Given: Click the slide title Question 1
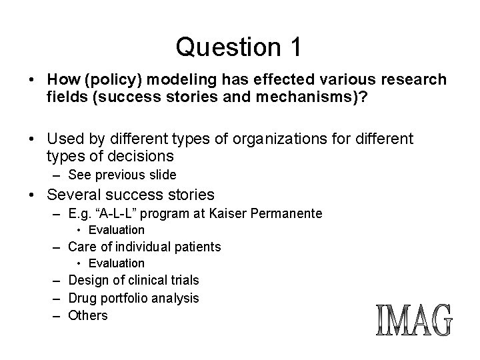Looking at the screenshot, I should [239, 47].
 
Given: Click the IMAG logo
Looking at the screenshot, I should [414, 321].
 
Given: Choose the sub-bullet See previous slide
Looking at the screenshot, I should [122, 175].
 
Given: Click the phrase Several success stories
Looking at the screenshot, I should [131, 195].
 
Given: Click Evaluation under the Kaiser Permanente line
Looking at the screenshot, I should [116, 230].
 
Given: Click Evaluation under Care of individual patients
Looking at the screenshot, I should [116, 263].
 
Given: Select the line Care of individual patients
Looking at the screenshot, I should [144, 247].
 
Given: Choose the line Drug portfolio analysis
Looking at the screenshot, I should [133, 298].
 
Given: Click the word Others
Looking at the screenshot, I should [88, 315].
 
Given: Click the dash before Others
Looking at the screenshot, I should [59, 315].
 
